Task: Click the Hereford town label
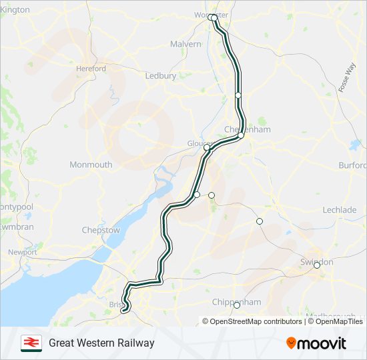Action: [x=91, y=69]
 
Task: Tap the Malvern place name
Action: [x=186, y=44]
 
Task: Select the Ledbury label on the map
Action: [x=161, y=76]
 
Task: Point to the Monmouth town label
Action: [x=91, y=165]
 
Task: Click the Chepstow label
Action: [x=101, y=230]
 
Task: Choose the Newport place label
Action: [x=23, y=252]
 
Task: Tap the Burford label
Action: [x=352, y=165]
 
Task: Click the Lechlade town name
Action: [x=340, y=209]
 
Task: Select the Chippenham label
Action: [x=236, y=302]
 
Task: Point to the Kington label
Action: [x=15, y=9]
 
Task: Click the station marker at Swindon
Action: [x=317, y=265]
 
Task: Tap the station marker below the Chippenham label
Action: [x=236, y=306]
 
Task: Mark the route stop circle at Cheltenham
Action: [x=241, y=135]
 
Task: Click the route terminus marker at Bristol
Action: [x=123, y=309]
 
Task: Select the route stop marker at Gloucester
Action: [x=207, y=147]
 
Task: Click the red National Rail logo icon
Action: [x=31, y=343]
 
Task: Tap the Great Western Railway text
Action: [x=101, y=343]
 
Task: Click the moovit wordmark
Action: [x=322, y=343]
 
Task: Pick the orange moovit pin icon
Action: [x=291, y=343]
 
